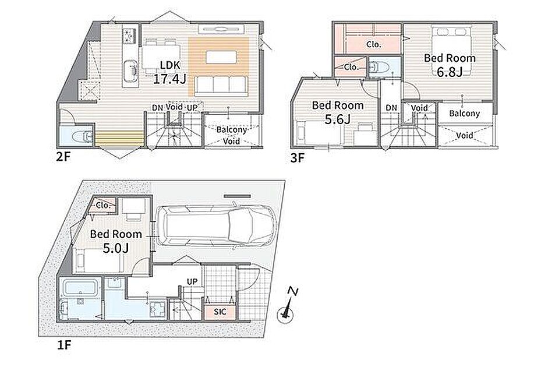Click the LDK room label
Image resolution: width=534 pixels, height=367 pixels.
pos(170,65)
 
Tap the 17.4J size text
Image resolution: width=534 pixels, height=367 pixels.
pos(169,79)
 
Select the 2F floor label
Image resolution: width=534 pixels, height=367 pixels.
pos(63,157)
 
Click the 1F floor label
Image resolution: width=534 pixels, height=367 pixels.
pos(63,345)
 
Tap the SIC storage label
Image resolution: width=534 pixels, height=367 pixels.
pos(220,312)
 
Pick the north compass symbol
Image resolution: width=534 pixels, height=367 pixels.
pos(287,306)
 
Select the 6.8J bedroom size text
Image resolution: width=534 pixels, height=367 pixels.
pos(450,72)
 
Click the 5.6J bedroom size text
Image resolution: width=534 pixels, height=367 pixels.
pos(338,119)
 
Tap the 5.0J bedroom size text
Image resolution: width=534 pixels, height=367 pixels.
pos(116,248)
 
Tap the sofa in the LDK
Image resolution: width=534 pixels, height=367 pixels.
pos(221,85)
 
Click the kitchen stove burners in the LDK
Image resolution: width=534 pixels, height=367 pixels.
pos(130,36)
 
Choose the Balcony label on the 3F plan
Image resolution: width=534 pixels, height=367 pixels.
pos(464,114)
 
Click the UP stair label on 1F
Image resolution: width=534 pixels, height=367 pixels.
pos(192,282)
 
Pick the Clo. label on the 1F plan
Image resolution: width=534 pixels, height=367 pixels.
pos(103,206)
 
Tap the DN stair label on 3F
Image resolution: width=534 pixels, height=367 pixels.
pos(391,108)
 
